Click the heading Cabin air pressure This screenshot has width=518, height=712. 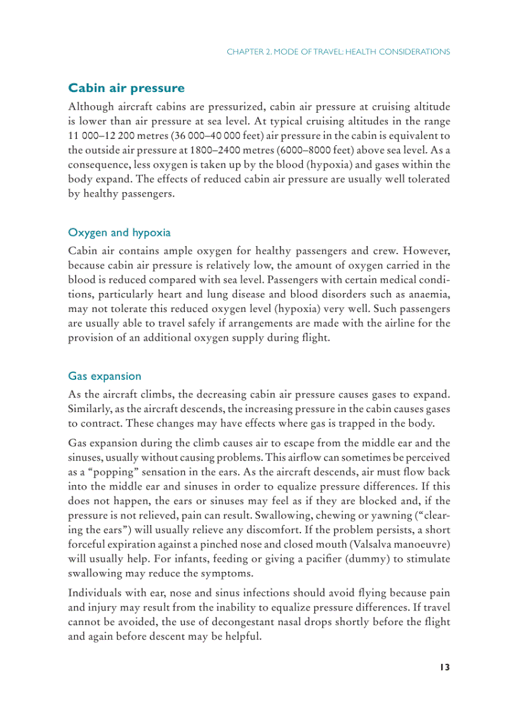[x=126, y=88]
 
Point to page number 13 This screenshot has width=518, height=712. [x=444, y=667]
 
